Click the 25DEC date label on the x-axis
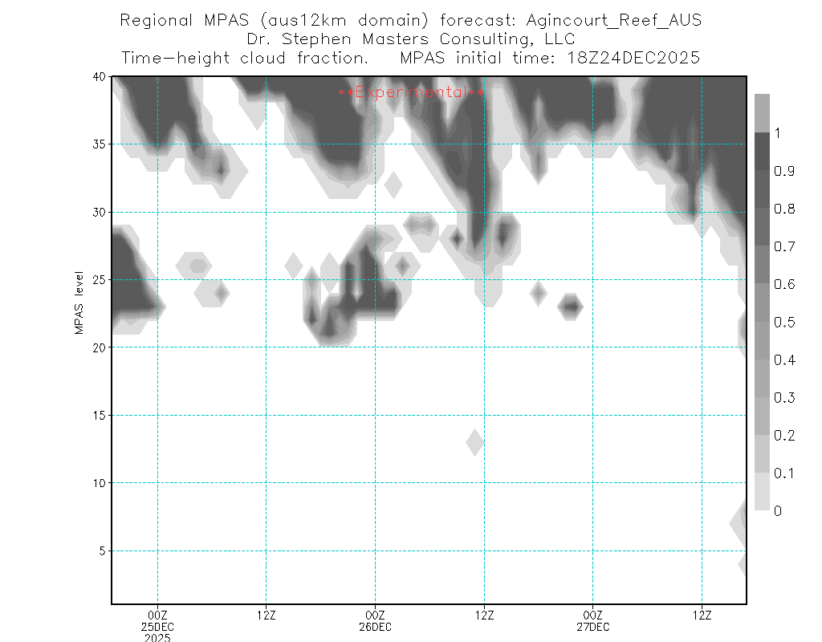157,626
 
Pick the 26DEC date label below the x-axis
375,626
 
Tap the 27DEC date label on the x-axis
592,626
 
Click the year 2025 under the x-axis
157,637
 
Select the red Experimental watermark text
411,93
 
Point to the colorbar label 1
776,134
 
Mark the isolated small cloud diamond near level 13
474,442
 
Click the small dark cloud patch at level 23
571,306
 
